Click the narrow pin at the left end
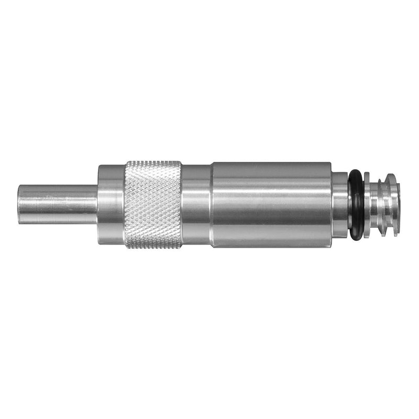click(58, 204)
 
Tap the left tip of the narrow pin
click(19, 204)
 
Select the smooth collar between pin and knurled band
click(111, 204)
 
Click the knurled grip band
click(153, 204)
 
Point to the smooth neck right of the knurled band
click(196, 204)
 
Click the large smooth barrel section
click(271, 204)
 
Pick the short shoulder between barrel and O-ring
click(339, 204)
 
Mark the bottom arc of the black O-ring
click(356, 237)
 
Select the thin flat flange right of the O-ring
click(367, 204)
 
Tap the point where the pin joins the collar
click(98, 204)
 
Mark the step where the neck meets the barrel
click(211, 204)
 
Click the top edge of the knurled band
click(153, 162)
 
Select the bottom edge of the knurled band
click(153, 247)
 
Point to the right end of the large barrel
click(330, 204)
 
